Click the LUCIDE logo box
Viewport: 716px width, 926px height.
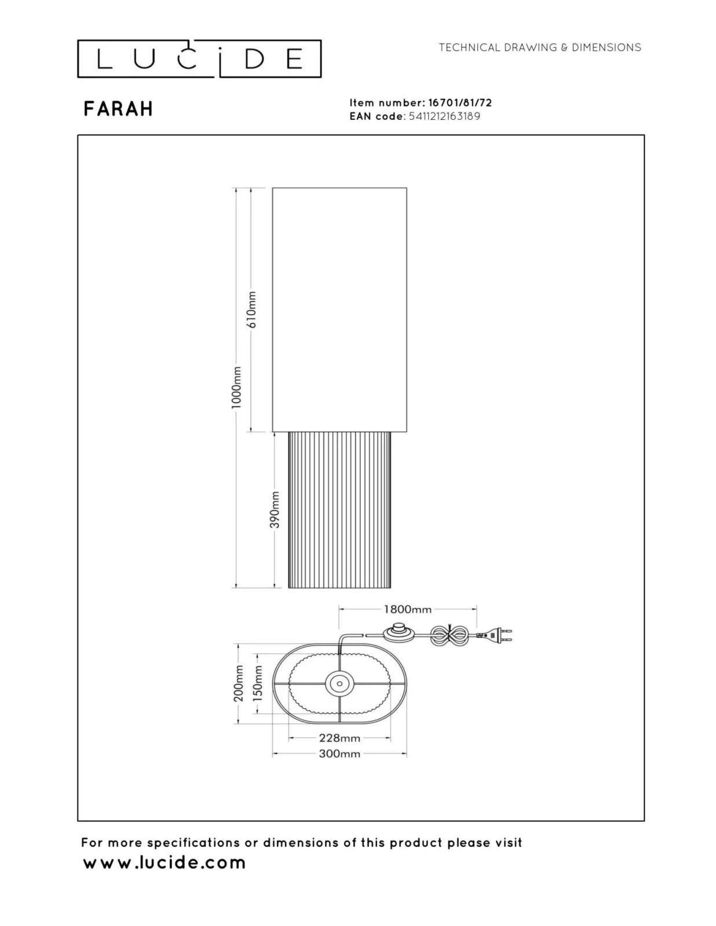(x=199, y=59)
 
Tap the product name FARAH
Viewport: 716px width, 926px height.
(x=118, y=109)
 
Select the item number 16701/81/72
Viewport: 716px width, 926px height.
(x=460, y=102)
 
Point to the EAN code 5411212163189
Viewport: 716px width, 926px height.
(x=444, y=116)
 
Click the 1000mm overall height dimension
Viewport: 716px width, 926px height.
(x=237, y=387)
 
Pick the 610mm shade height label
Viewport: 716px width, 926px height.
(x=252, y=310)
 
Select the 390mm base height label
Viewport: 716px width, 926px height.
(x=276, y=510)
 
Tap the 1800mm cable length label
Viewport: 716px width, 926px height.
(x=407, y=609)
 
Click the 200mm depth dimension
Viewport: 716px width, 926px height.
(x=239, y=684)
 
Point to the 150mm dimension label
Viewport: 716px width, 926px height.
(x=258, y=684)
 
